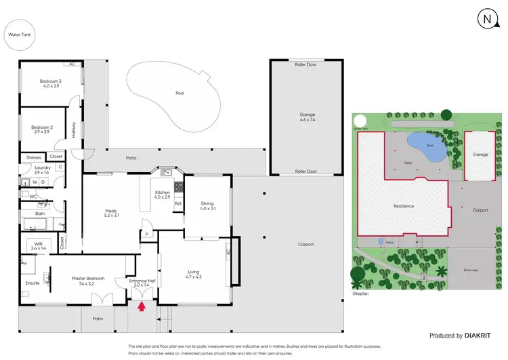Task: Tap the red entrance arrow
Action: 142,306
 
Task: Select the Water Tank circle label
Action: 18,34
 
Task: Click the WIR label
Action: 39,245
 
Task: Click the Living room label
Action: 194,274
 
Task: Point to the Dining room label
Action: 207,205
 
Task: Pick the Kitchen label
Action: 162,194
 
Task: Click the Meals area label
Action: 112,212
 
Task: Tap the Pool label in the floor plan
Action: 179,93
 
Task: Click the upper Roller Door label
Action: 306,64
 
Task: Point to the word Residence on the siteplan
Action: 404,206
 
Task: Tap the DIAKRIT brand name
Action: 487,336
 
